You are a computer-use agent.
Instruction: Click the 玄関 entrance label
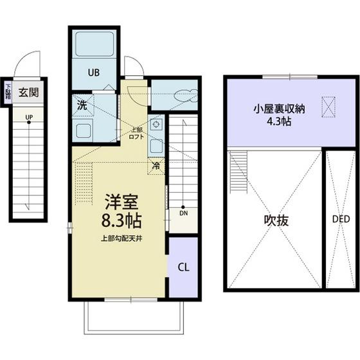coord(28,92)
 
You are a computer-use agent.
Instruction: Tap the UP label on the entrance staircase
coord(29,117)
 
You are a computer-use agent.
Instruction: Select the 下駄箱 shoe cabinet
coord(7,92)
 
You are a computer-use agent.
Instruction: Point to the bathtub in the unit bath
coord(94,44)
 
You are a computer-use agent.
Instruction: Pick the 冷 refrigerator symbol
coord(156,166)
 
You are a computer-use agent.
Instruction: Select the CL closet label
coord(183,266)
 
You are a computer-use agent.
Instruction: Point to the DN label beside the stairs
coord(183,213)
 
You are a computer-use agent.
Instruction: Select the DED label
coord(341,220)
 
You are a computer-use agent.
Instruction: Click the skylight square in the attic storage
coord(328,107)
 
